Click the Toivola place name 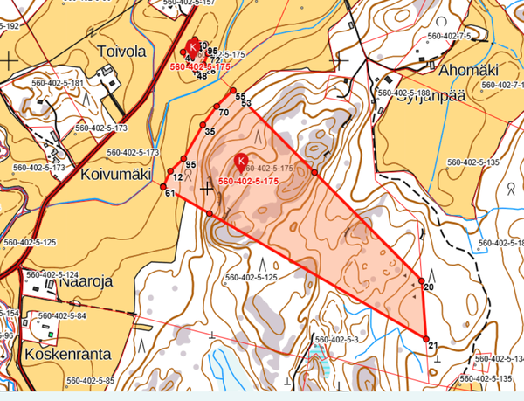123,51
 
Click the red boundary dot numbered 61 163,185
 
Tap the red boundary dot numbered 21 426,338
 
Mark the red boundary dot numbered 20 421,280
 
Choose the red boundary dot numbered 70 216,107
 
